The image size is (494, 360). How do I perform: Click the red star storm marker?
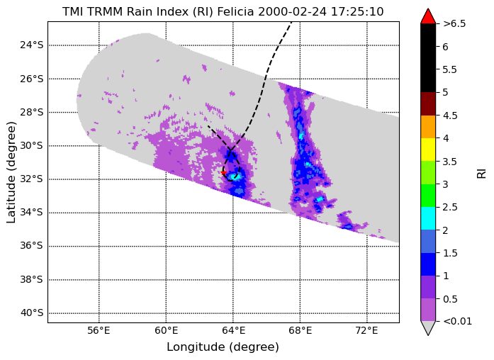point(223,173)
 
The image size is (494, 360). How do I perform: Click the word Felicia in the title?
point(235,11)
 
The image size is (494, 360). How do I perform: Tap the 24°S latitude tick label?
point(31,45)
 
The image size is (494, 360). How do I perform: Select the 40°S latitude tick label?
point(31,313)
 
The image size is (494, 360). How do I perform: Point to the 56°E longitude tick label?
point(99,330)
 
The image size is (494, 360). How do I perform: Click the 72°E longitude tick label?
point(367,330)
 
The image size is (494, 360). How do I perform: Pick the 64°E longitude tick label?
point(233,330)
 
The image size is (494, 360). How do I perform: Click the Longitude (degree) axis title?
point(223,347)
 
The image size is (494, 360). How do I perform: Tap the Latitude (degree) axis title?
point(11,172)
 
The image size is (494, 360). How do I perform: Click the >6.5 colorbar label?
point(454,23)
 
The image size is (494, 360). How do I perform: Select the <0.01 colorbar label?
point(457,321)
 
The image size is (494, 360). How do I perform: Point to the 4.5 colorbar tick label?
point(450,116)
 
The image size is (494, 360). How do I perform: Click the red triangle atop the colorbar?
point(428,17)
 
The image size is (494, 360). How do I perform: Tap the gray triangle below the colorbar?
point(428,327)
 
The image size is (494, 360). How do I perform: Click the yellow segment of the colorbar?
point(428,150)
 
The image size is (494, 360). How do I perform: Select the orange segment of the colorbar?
point(428,127)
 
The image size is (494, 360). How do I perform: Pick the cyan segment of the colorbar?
point(428,218)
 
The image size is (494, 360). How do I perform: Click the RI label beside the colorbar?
point(482,174)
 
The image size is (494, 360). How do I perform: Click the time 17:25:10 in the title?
point(357,11)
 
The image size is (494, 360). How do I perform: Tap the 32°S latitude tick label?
point(31,179)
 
